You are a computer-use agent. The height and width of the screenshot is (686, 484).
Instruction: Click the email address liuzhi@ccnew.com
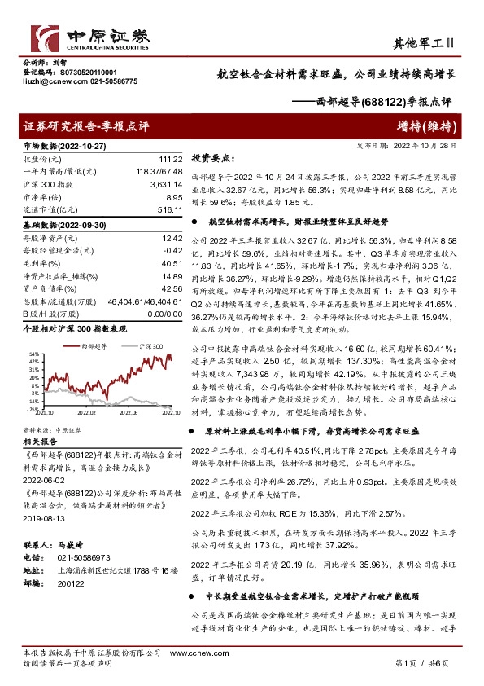click(x=49, y=81)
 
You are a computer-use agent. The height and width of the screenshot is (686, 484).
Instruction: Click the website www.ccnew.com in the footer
click(x=190, y=653)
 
